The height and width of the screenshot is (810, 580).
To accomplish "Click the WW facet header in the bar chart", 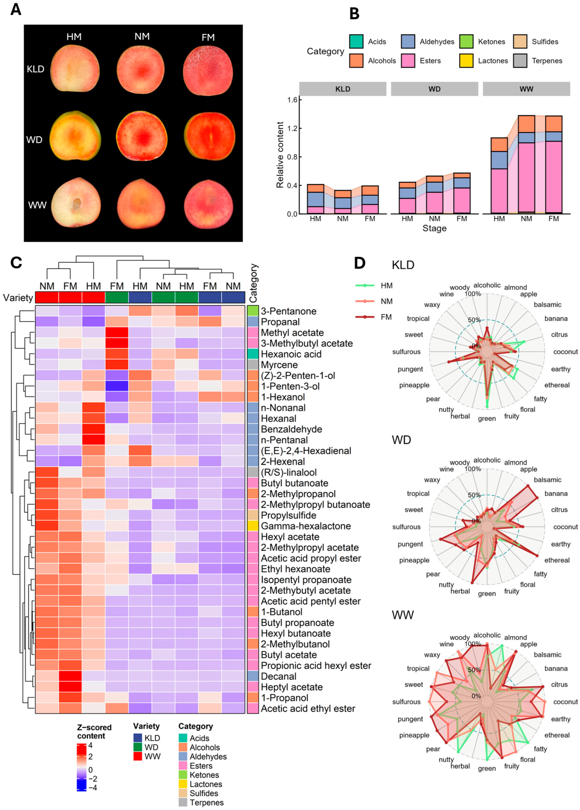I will [526, 89].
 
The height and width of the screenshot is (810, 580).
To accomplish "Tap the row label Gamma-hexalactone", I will [306, 526].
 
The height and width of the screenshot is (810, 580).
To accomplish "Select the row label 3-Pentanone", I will [289, 311].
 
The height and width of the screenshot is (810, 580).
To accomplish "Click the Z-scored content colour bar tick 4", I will [90, 746].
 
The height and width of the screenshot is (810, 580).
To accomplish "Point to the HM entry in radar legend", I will [386, 286].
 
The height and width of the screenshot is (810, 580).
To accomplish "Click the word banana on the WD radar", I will [556, 494].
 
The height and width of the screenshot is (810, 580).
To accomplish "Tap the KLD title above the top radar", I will [403, 265].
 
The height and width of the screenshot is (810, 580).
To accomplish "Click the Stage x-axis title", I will [434, 228].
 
